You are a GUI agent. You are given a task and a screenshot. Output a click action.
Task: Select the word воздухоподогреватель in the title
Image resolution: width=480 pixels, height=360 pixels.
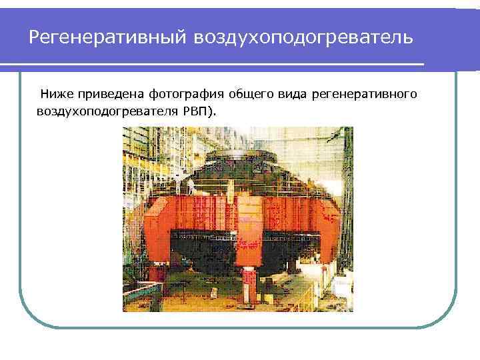point(303,37)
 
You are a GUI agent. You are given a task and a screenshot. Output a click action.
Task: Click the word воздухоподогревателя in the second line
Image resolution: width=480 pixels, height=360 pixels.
point(107,110)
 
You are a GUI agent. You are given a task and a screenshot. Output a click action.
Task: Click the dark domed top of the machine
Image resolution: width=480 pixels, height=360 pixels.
point(237,160)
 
